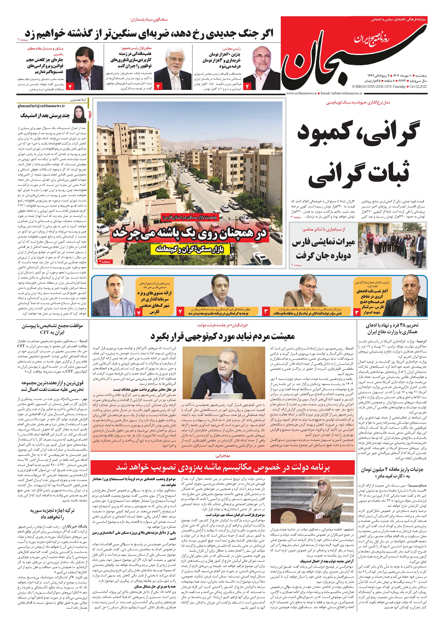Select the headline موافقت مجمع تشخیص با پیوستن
53,329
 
